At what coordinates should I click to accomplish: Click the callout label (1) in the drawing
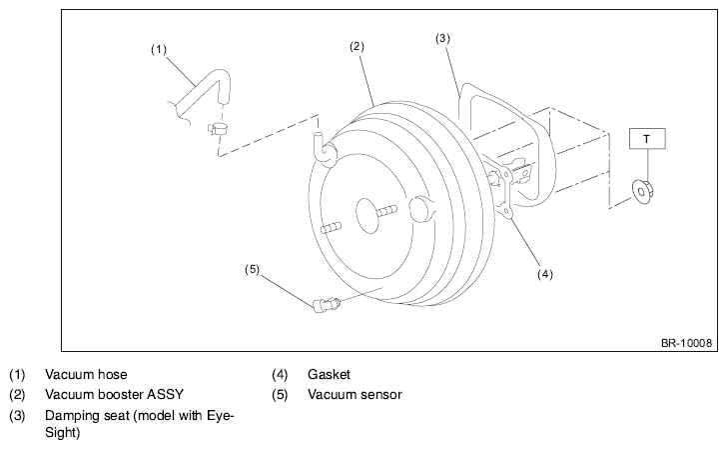159,49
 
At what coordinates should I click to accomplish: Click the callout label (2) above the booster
357,46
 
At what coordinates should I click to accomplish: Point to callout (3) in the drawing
442,38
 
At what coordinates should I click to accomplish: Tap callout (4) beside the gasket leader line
545,274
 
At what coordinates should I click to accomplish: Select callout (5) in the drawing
252,269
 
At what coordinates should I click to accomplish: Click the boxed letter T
647,139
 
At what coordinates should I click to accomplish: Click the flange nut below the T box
643,192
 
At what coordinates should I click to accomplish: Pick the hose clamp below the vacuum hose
218,128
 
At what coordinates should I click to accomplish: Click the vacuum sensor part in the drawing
327,305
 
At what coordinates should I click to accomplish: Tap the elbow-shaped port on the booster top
325,150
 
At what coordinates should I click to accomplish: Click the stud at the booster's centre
386,212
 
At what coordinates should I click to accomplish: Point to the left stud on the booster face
331,228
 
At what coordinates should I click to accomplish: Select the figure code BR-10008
686,343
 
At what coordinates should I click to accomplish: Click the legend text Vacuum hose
86,374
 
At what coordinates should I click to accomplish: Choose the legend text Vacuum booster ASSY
114,395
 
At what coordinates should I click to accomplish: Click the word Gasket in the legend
329,374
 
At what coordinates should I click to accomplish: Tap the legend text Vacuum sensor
355,395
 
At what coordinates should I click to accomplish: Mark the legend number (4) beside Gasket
280,374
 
